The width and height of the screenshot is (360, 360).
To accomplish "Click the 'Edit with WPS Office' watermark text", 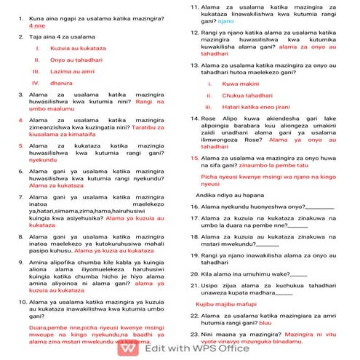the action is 197,348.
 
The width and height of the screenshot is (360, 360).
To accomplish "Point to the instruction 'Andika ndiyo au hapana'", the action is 234,195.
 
